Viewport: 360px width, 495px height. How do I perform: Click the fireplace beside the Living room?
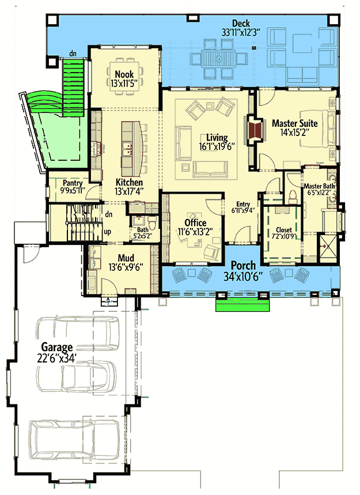pos(255,130)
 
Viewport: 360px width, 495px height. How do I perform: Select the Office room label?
pos(195,222)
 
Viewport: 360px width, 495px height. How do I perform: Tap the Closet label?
pos(284,229)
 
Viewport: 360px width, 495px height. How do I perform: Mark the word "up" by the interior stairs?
pos(107,232)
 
